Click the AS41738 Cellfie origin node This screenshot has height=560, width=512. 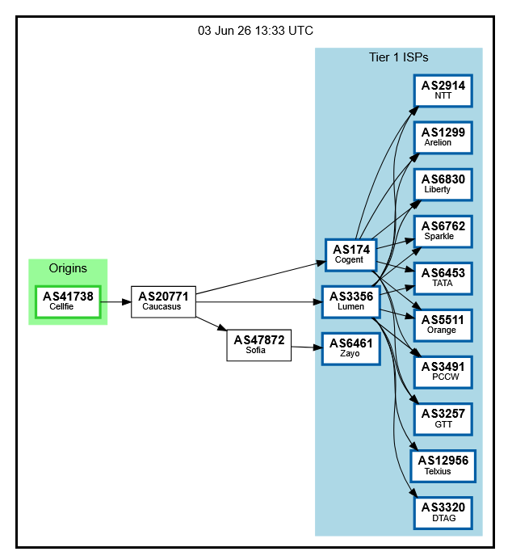click(x=68, y=301)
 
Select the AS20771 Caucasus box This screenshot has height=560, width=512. click(x=163, y=301)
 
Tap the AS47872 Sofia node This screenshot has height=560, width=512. click(x=259, y=345)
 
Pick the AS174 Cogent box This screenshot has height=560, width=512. click(x=351, y=255)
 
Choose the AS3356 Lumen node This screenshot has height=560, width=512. click(x=351, y=301)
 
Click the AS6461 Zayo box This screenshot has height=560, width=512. click(x=351, y=349)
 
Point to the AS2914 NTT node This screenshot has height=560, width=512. click(x=443, y=91)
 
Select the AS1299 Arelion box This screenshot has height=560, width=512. click(x=443, y=138)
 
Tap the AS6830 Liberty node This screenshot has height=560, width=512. click(x=443, y=184)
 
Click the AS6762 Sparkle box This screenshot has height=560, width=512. click(x=443, y=231)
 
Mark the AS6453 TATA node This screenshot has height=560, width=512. click(x=443, y=279)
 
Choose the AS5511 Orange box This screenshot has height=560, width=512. click(x=443, y=326)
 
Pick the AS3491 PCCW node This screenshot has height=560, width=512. click(x=443, y=373)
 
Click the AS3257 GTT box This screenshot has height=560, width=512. click(x=443, y=419)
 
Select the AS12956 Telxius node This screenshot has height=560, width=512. click(x=443, y=466)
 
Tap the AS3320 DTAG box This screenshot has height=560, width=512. click(x=443, y=513)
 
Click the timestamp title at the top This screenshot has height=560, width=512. click(x=255, y=31)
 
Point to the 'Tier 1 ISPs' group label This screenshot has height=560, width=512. click(x=399, y=57)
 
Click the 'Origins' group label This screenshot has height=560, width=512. click(x=68, y=268)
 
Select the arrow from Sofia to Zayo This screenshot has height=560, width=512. click(x=307, y=347)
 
